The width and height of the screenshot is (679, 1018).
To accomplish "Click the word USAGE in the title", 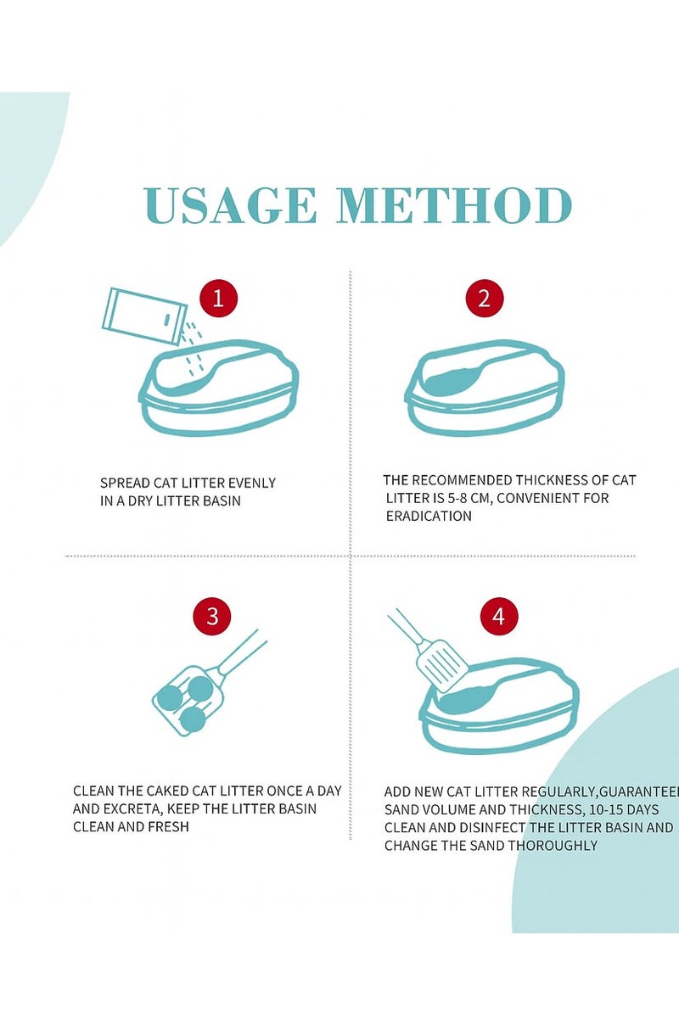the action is point(230,206).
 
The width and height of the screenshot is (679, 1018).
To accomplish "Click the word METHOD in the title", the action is point(454,206).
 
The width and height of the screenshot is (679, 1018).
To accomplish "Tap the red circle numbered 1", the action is point(218,299).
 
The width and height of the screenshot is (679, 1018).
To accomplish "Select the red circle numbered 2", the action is point(485,299).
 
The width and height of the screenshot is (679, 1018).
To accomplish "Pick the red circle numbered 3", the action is point(212,617).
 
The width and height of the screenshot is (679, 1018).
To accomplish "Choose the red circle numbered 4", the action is point(499,617).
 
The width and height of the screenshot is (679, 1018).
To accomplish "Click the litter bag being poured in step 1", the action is point(144,316).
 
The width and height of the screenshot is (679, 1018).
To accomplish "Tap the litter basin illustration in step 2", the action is point(485,388).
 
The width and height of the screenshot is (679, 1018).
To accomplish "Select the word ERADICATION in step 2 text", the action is point(429,517).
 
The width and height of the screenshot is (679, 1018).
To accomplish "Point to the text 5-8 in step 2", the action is point(457,498).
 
